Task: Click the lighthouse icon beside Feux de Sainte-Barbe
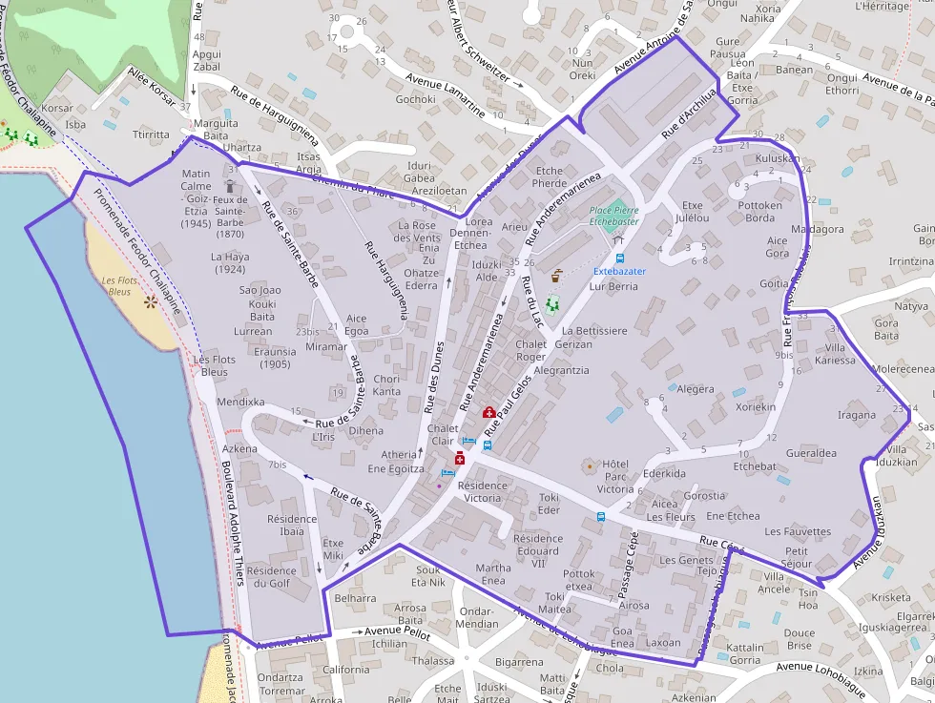click(230, 184)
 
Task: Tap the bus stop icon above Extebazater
click(620, 257)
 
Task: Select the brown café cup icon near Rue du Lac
click(556, 275)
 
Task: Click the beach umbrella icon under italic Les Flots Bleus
click(150, 301)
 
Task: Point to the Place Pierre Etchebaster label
click(613, 215)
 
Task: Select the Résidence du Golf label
click(272, 576)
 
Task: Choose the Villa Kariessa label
click(836, 354)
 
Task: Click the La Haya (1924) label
click(230, 263)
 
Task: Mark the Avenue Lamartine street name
click(445, 94)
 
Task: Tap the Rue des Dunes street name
click(434, 377)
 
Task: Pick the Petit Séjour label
click(797, 557)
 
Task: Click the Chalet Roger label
click(530, 350)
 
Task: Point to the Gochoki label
click(415, 99)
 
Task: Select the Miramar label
click(326, 347)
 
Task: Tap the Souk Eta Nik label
click(428, 575)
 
